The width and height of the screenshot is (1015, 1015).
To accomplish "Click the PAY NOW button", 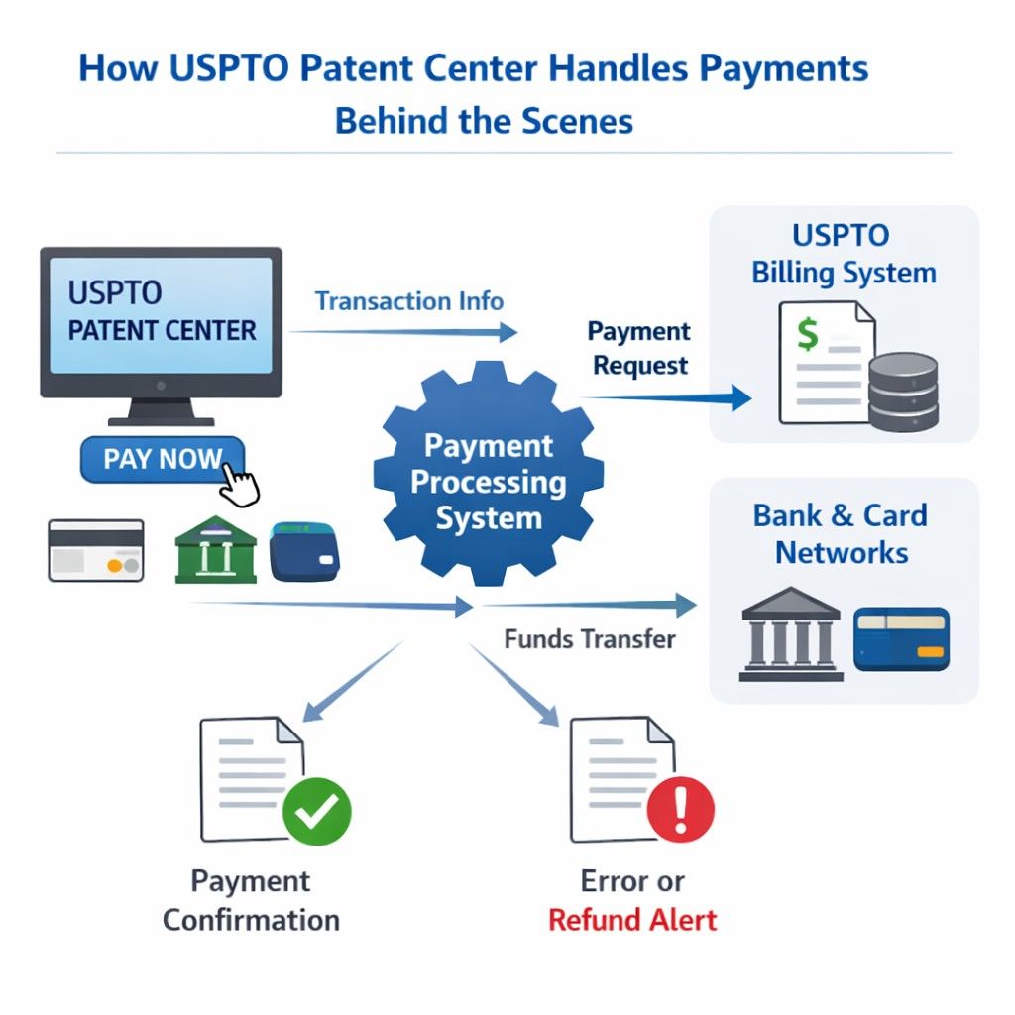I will point(162,460).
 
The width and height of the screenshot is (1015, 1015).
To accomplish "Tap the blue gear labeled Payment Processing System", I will point(488,482).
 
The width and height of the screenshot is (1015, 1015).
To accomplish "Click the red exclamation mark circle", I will point(680,809).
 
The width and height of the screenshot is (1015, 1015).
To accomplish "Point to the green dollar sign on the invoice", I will point(808,334).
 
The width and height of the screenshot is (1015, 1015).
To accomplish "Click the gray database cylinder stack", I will point(902,391).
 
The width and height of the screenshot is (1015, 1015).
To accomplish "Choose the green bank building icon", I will point(215,549).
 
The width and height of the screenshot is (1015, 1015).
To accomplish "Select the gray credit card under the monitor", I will point(96,550).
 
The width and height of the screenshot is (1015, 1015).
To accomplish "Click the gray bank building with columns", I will point(791,633).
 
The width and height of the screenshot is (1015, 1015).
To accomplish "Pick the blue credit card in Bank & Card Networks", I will point(901,639).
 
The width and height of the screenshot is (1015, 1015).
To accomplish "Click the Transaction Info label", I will point(408,301).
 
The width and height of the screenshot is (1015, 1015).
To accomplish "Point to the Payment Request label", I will point(639,348).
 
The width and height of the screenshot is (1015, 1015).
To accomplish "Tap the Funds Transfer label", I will point(590,639).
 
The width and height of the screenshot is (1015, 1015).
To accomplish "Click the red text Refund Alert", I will point(632,919).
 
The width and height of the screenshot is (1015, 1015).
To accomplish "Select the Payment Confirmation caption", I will point(251,900).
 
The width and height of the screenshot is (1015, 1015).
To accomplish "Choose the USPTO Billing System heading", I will point(844,254).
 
